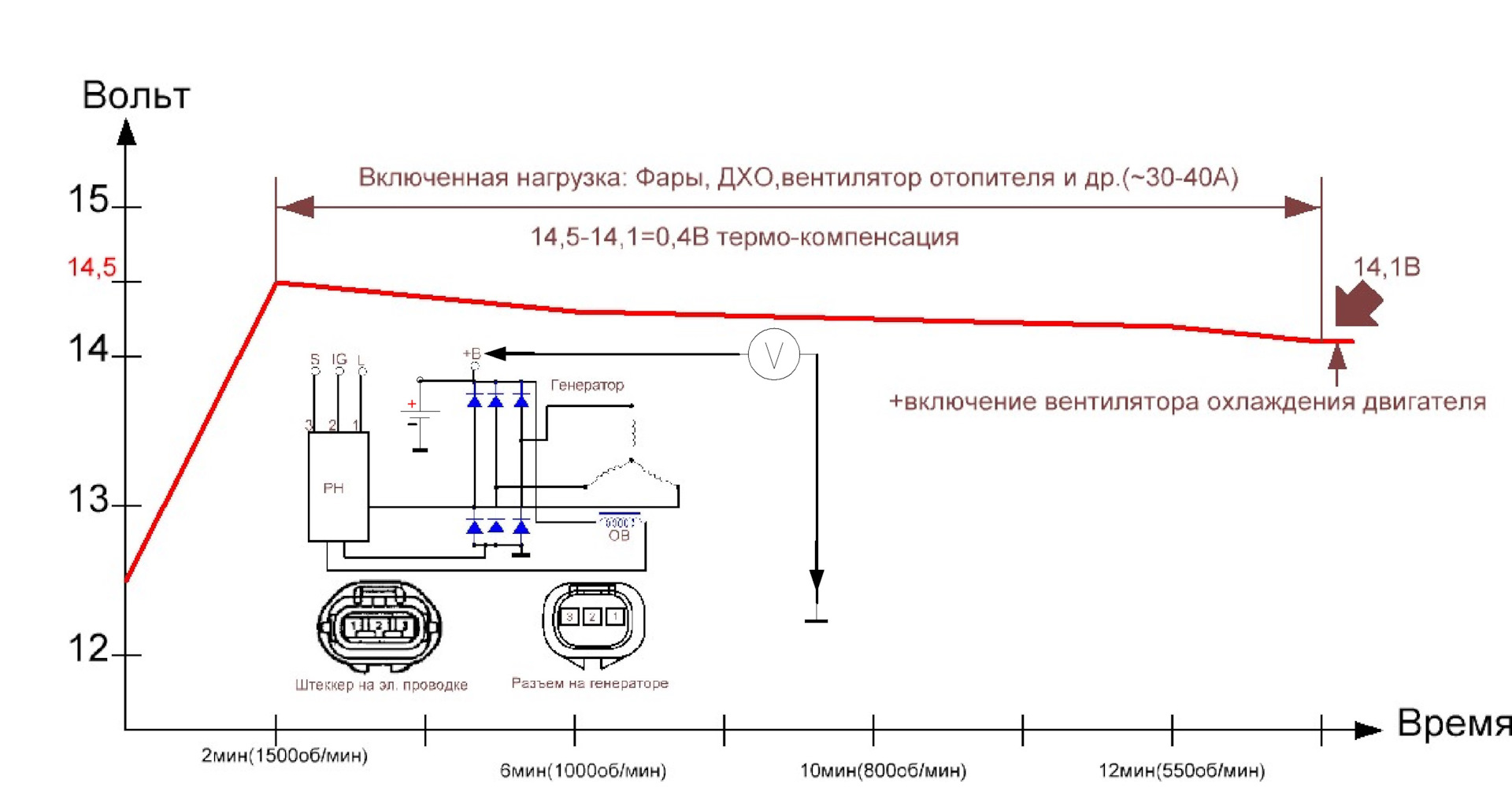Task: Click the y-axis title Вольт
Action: click(136, 96)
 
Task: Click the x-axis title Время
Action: click(1453, 723)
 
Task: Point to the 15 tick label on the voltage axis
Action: click(88, 200)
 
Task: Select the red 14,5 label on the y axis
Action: click(91, 268)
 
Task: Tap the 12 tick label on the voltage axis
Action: click(88, 649)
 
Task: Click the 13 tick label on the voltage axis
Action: click(88, 500)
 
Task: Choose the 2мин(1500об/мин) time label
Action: click(284, 756)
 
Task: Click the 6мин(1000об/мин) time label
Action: click(583, 771)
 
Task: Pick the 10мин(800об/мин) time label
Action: click(883, 771)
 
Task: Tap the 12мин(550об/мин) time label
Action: click(1181, 771)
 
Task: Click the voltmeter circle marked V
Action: click(773, 355)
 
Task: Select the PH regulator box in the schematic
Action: click(338, 487)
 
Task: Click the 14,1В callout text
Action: click(1386, 268)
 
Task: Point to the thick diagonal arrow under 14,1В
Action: click(1358, 305)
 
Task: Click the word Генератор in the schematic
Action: click(587, 385)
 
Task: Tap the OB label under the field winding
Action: click(619, 536)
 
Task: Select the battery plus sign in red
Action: click(411, 405)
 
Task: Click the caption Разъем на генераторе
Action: click(590, 683)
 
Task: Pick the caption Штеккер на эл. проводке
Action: click(381, 685)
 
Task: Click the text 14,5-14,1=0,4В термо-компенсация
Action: click(744, 237)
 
